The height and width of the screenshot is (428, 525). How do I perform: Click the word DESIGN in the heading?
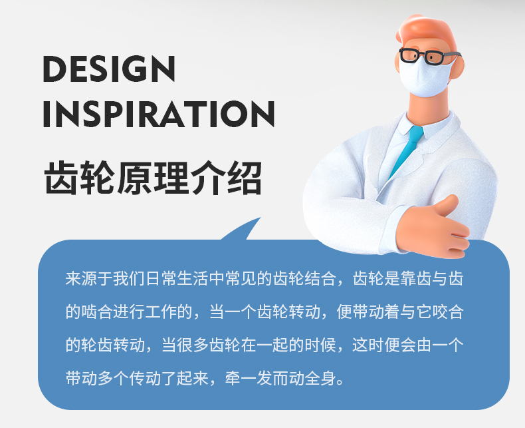point(109,69)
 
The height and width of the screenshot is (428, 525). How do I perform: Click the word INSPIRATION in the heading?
point(159,114)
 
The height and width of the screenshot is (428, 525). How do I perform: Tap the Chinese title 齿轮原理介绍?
point(154,178)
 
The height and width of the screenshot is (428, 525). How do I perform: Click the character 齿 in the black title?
point(61,178)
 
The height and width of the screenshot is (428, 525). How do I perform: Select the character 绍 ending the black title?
point(245,178)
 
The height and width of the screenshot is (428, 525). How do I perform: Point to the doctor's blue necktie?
point(406,150)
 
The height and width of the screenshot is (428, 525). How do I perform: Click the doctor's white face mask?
point(424,78)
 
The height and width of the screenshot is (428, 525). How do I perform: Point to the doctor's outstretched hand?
point(433,228)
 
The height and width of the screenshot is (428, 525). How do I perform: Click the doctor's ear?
point(458,67)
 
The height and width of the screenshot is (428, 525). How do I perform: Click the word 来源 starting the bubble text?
point(81,278)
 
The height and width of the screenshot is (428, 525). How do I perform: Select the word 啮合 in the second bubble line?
point(97,312)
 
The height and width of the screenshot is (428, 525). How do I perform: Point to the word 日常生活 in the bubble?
point(177,278)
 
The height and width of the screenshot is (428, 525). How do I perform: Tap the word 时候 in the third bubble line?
point(320,345)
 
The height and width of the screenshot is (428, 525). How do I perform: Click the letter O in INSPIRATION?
point(235,114)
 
